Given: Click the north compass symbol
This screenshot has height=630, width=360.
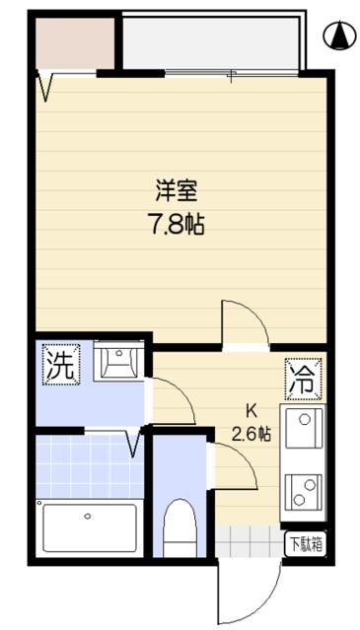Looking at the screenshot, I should pos(338,35).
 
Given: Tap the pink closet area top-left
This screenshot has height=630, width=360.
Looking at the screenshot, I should pos(75,41).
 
